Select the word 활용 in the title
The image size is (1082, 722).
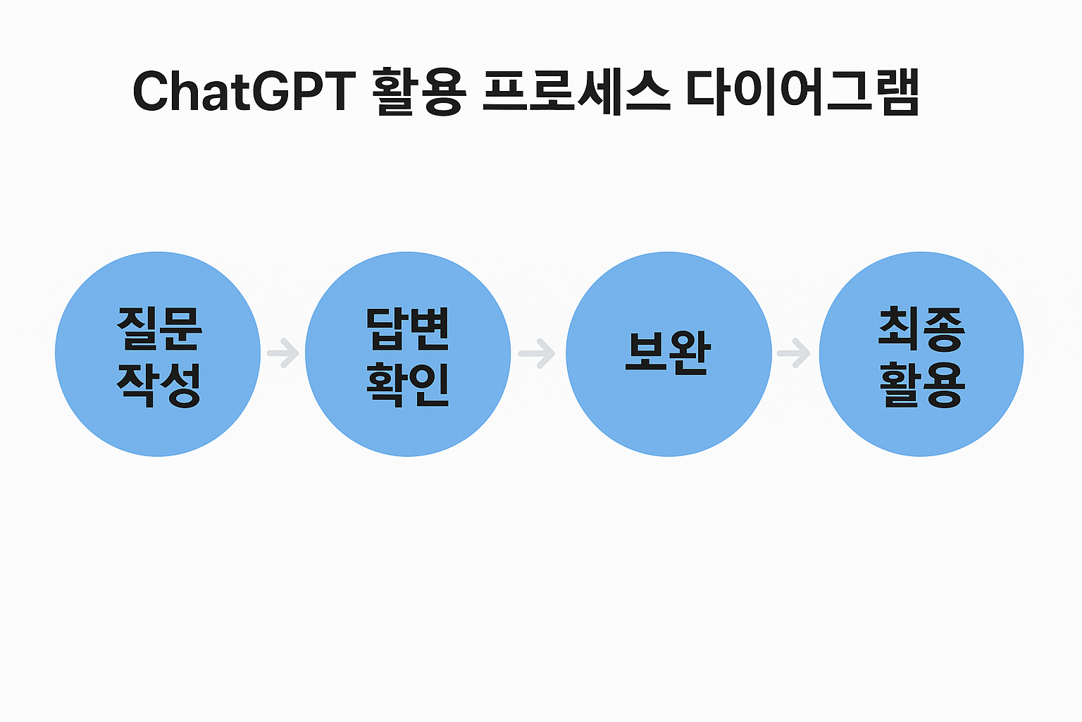coord(418,92)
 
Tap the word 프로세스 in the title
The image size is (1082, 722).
coord(576,92)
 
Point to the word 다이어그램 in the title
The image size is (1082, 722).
coord(802,92)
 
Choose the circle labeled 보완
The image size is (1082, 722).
coord(669,416)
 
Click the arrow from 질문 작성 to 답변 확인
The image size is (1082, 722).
coord(283,353)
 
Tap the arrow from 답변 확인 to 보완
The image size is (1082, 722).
coord(537,353)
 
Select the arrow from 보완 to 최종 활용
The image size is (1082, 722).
coord(794,353)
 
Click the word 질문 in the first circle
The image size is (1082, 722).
coord(159,329)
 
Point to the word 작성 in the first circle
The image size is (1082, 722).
coord(159,384)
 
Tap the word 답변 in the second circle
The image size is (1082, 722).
coord(408,329)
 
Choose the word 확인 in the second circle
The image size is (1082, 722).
coord(408,384)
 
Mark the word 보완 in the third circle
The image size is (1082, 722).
coord(669,353)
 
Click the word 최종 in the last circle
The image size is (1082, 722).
coord(921,329)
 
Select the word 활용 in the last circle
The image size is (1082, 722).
coord(921,384)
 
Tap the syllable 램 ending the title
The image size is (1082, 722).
coord(897,92)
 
